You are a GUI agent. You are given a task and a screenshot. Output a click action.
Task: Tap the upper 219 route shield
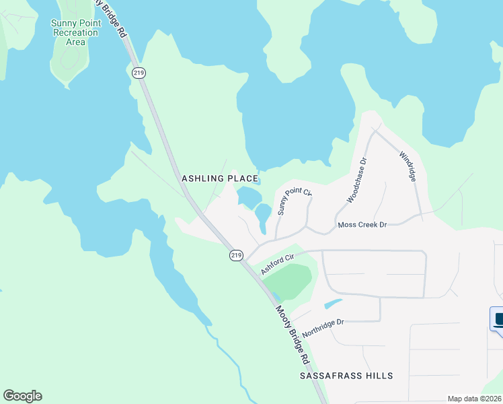(x=139, y=73)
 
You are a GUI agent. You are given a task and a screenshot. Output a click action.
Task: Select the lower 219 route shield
(x=235, y=255)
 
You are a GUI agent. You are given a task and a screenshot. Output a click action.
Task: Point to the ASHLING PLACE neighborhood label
(x=220, y=178)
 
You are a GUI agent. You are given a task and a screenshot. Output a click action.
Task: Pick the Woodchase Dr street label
(x=356, y=180)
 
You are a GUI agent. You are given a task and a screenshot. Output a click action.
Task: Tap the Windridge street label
(x=408, y=166)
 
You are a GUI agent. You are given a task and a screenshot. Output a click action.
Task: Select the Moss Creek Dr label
(x=362, y=224)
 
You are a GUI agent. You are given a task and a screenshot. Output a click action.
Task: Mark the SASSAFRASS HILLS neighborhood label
(x=346, y=375)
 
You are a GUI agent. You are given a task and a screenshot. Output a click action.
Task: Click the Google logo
(x=22, y=396)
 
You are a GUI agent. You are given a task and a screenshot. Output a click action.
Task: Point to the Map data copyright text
(x=475, y=399)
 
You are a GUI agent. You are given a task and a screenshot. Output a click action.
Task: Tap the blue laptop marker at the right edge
(x=498, y=320)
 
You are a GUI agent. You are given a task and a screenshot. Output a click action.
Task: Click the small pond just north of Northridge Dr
(x=333, y=304)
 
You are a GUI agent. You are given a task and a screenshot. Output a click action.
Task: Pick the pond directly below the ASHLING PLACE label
(x=247, y=197)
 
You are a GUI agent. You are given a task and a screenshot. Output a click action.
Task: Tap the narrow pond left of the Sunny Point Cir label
(x=262, y=215)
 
